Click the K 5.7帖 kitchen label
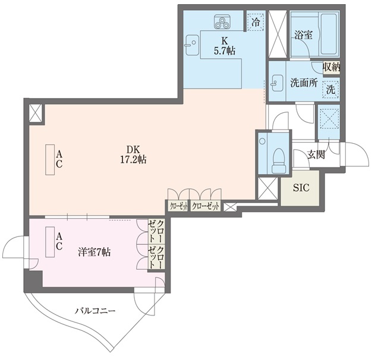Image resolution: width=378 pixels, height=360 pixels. tap(224, 46)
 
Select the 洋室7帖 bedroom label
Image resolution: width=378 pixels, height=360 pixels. tap(94, 252)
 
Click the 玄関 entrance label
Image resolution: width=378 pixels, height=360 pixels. tap(316, 155)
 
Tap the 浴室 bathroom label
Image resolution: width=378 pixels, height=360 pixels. tap(303, 35)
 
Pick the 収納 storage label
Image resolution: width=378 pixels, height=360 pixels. tap(332, 67)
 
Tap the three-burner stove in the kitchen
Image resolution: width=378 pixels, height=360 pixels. tap(224, 24)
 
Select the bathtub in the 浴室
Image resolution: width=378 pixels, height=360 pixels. tap(328, 34)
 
